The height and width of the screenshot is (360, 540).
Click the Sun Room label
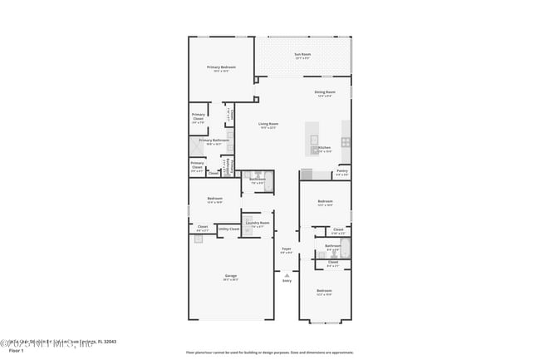302,55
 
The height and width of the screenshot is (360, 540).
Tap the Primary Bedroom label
221,67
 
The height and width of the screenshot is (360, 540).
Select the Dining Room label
325,92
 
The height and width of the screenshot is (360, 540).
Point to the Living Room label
268,124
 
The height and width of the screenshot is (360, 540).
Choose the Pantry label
342,171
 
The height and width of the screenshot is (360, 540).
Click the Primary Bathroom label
214,141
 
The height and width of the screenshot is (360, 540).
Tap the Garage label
230,276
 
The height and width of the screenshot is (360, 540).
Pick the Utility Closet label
228,228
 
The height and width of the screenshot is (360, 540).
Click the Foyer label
286,249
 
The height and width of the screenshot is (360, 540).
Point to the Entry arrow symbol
287,274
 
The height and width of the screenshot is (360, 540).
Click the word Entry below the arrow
287,281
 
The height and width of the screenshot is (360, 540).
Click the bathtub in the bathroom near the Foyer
344,248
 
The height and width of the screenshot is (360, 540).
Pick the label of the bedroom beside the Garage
214,199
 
